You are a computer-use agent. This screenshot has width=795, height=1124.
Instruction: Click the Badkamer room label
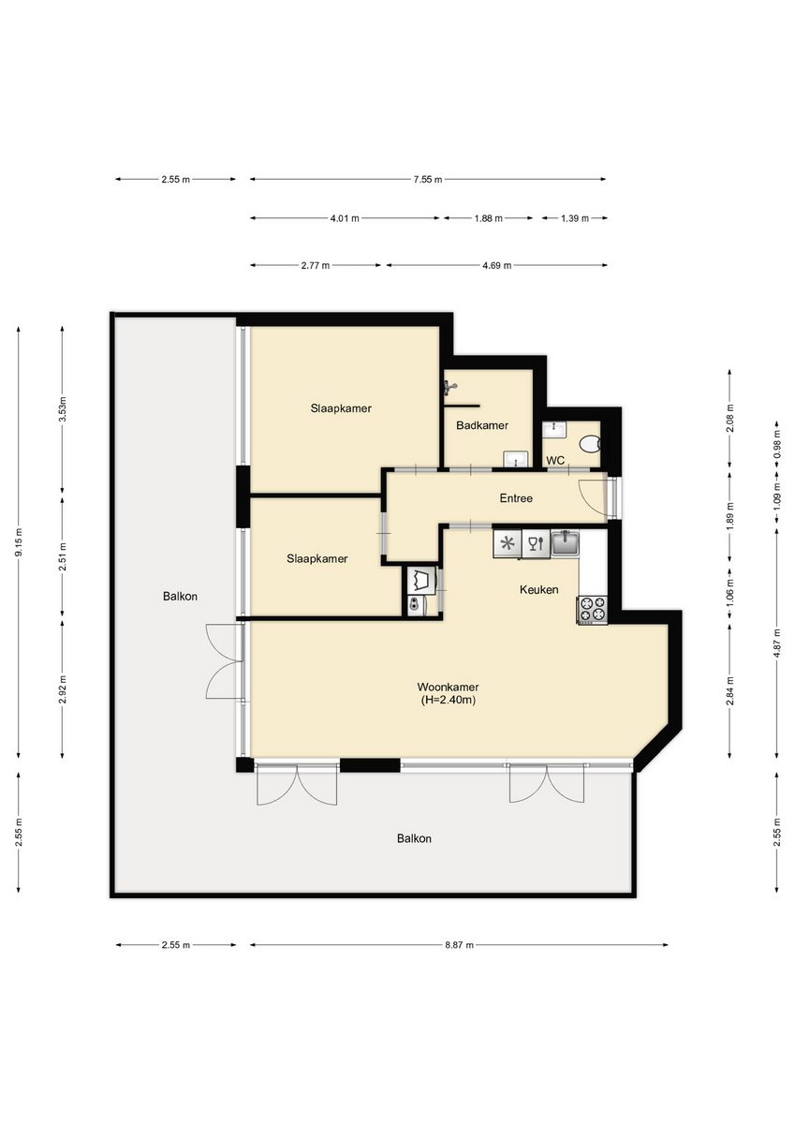tap(481, 425)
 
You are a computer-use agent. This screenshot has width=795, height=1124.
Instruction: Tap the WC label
tap(555, 460)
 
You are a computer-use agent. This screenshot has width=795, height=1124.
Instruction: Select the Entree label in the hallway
tap(516, 498)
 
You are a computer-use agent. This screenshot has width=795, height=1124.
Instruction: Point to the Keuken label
tap(538, 589)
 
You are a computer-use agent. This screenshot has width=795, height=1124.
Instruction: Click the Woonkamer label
tap(448, 687)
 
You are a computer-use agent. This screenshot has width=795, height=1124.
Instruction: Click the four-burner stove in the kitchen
tap(593, 610)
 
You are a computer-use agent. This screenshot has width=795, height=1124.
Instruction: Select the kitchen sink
tap(566, 544)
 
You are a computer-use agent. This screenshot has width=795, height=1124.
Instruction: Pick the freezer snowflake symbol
tap(508, 544)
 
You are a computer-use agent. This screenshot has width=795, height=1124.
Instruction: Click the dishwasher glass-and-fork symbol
tap(536, 544)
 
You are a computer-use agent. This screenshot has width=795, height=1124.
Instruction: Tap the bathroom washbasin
tap(516, 459)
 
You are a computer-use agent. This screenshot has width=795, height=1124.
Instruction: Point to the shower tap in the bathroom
tap(449, 387)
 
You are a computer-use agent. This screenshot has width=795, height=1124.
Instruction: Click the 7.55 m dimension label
tap(427, 180)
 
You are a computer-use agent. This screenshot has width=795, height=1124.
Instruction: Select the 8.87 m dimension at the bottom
tap(459, 945)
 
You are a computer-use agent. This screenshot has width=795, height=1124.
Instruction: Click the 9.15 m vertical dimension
tap(19, 542)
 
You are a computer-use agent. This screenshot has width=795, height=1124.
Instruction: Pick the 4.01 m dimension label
tap(345, 219)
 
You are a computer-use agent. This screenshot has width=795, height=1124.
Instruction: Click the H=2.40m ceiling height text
tap(449, 701)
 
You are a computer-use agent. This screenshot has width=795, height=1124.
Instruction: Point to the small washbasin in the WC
tap(554, 430)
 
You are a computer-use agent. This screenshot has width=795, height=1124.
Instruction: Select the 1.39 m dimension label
tap(574, 219)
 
